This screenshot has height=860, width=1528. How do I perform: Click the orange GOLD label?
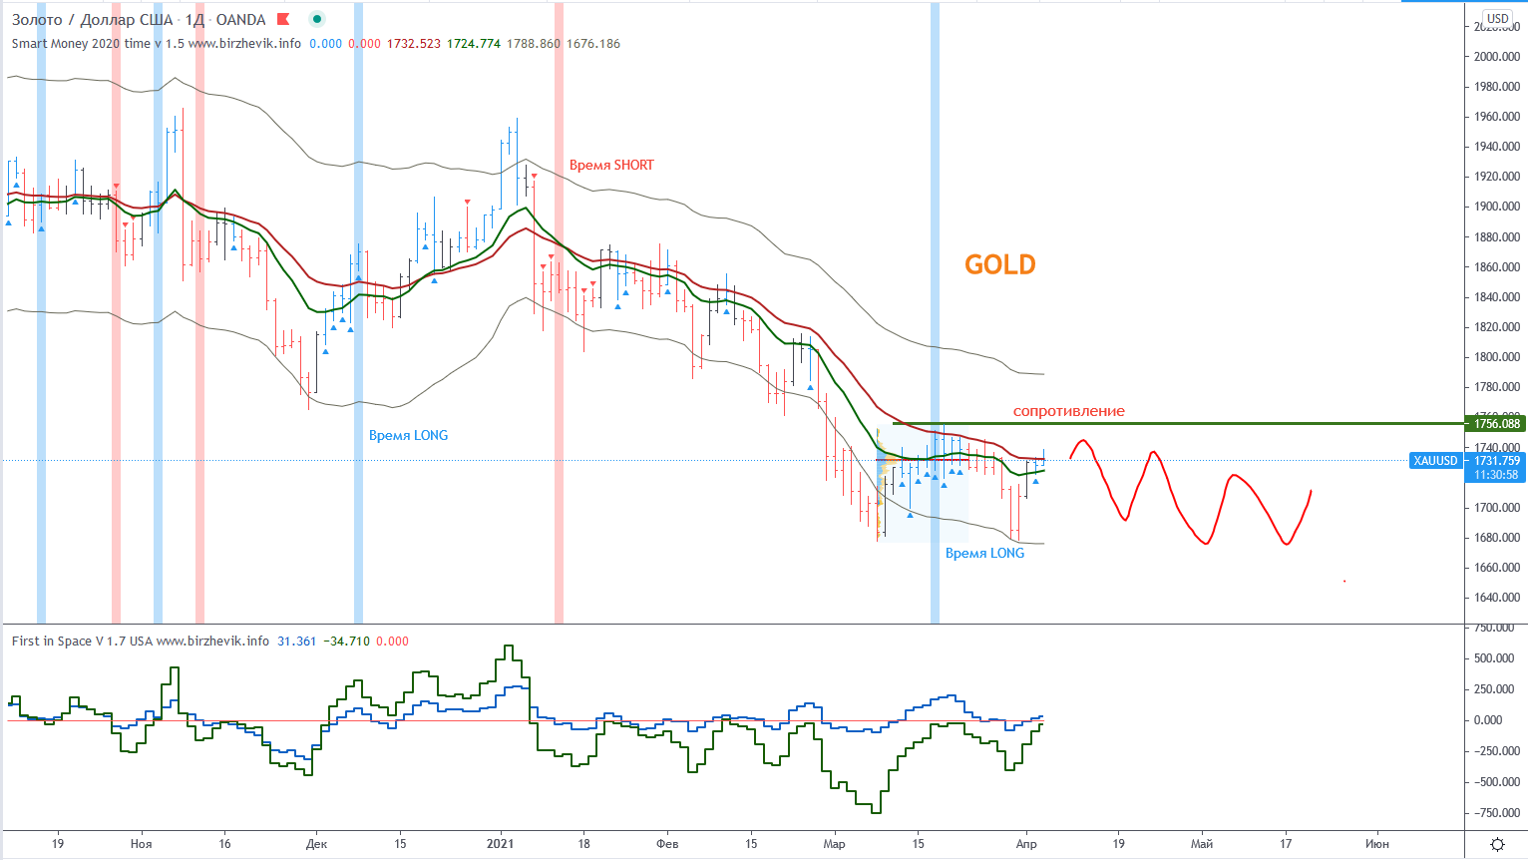tap(999, 264)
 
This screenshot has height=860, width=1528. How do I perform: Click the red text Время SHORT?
tap(611, 165)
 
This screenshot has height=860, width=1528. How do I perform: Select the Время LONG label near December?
tap(408, 435)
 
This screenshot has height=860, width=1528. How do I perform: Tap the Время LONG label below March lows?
tap(984, 553)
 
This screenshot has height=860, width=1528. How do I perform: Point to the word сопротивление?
tap(1068, 411)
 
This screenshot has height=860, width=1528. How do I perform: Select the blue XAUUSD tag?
tap(1435, 461)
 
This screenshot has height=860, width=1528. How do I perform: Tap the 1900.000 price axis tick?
tap(1496, 207)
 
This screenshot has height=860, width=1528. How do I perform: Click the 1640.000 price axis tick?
tap(1496, 598)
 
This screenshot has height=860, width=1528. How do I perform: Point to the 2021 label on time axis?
tap(500, 844)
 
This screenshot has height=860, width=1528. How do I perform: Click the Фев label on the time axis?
tap(667, 844)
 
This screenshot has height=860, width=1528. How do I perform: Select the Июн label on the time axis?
tap(1376, 844)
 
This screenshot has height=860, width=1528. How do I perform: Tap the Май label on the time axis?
tap(1202, 844)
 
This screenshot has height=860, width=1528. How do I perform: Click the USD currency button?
tap(1498, 19)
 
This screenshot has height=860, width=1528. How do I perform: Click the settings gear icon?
tap(1497, 844)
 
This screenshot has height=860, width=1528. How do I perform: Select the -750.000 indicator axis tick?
tap(1496, 813)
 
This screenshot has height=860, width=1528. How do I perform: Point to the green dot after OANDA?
tap(317, 19)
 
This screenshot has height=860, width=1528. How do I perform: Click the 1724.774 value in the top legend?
tap(473, 44)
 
